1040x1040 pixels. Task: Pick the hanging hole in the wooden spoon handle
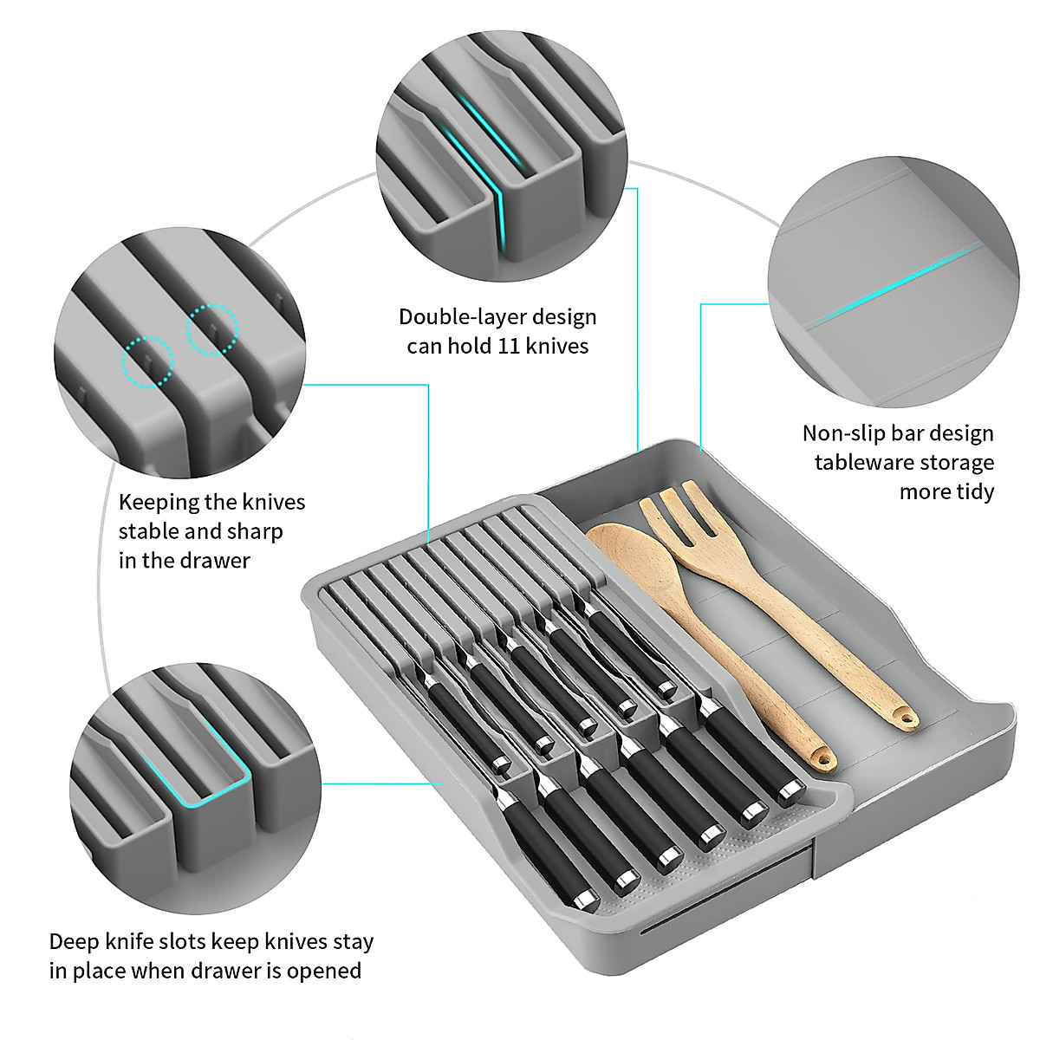[822, 760]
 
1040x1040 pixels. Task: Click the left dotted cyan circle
[147, 362]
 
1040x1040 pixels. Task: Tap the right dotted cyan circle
[211, 328]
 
